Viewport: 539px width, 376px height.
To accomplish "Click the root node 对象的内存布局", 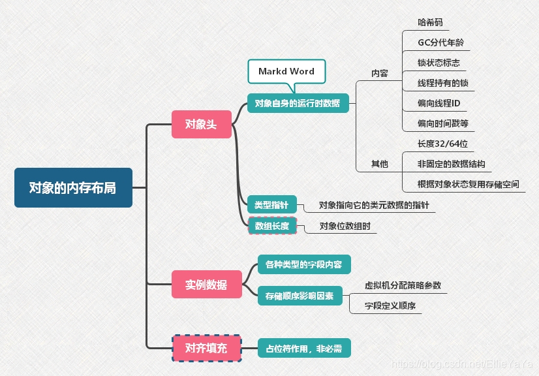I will [73, 188].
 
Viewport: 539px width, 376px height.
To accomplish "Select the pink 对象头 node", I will [201, 124].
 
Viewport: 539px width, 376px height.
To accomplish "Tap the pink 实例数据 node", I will [206, 285].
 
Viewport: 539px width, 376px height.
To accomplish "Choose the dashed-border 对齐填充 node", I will [206, 349].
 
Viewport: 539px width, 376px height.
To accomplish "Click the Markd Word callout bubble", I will [286, 72].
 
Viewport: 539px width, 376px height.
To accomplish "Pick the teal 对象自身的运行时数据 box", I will [298, 103].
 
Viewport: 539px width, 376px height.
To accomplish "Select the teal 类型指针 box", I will [271, 205].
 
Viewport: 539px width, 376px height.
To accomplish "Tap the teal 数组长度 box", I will [271, 226].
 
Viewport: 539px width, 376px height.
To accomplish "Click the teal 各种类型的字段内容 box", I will [304, 264].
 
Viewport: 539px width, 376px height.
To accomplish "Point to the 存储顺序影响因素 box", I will [300, 296].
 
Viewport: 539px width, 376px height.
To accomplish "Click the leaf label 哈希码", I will [431, 22].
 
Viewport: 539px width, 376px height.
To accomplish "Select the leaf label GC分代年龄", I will [441, 43].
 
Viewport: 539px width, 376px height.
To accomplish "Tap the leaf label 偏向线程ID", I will [439, 103].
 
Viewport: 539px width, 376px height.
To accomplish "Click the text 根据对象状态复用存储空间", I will [469, 184].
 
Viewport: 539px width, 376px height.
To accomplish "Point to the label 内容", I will [380, 73].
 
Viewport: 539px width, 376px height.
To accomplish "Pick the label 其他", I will [380, 164].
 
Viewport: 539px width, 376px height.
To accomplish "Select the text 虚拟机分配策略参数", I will [403, 285].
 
